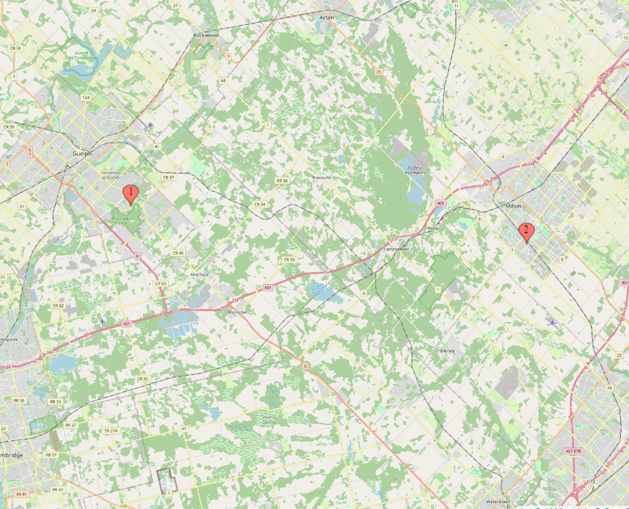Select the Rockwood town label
206,35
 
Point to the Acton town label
326,17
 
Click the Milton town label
513,206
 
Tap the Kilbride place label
446,350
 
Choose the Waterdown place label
499,501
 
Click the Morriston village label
238,312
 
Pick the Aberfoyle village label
200,274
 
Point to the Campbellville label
396,249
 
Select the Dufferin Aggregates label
415,169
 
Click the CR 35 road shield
142,378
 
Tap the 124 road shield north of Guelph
85,97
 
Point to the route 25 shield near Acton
378,72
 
